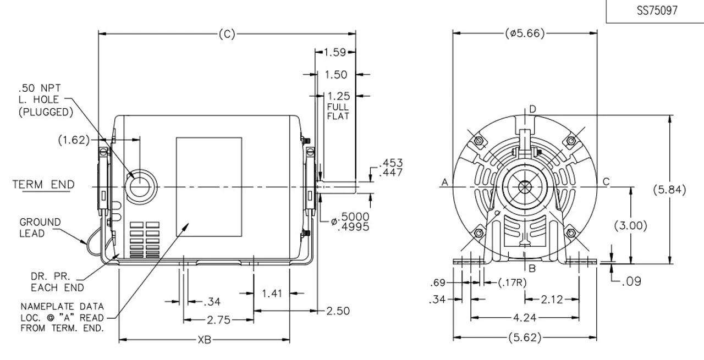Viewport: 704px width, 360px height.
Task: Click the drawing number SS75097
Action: [x=656, y=11]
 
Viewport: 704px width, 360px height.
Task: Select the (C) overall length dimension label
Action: [x=227, y=34]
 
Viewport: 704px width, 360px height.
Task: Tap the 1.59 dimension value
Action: [x=335, y=52]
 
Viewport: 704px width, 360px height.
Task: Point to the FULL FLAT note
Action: [x=338, y=111]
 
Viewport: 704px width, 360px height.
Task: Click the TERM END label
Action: [x=43, y=184]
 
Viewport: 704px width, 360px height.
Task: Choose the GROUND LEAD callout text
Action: [x=40, y=227]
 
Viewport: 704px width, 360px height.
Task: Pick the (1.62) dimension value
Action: [x=74, y=140]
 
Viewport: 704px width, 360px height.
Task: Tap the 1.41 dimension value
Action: [x=272, y=293]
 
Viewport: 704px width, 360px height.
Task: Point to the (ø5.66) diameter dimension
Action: [x=525, y=34]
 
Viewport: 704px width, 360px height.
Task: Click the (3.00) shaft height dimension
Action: [x=630, y=225]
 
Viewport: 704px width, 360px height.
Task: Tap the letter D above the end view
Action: [x=532, y=109]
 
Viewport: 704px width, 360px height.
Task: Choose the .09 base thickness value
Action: [x=631, y=281]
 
